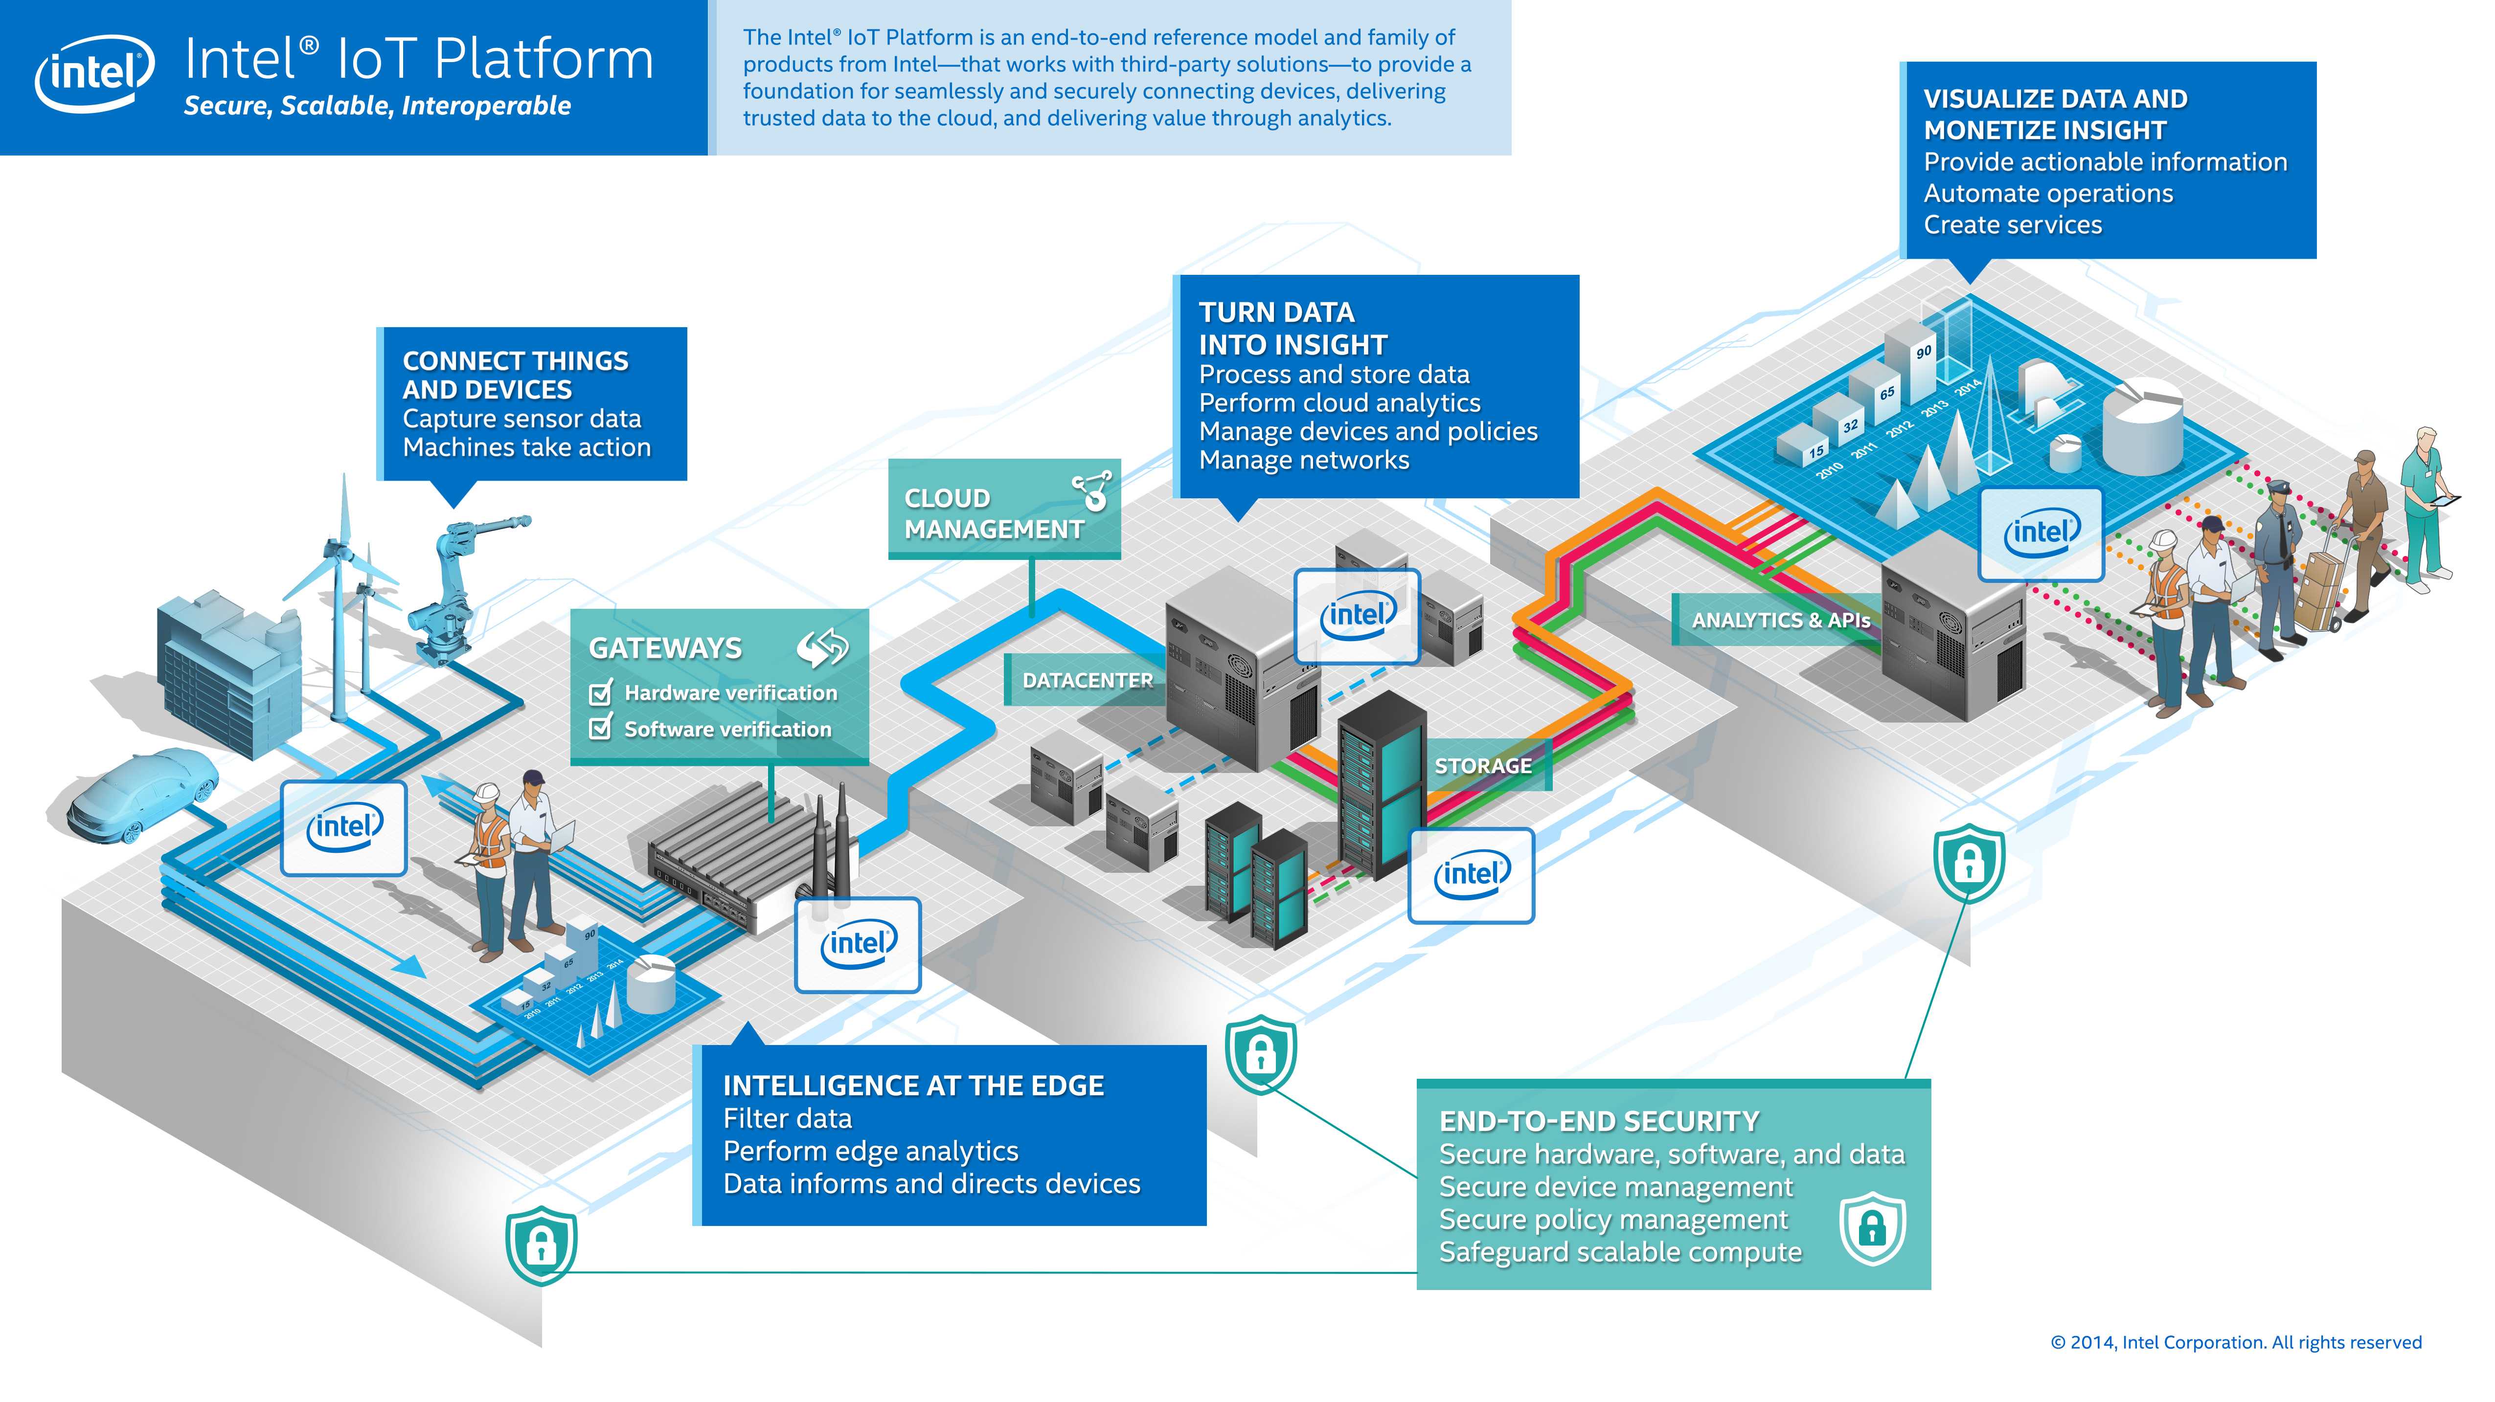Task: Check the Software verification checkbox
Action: (600, 728)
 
